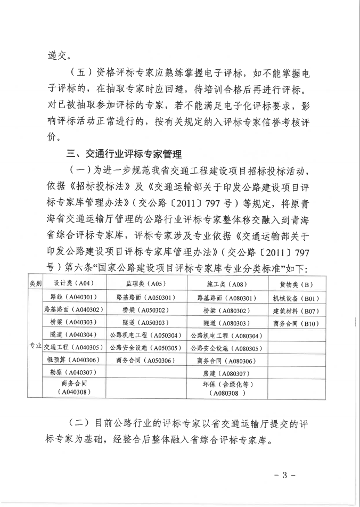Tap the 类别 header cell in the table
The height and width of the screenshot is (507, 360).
click(36, 284)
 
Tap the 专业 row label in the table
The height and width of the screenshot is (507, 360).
click(36, 347)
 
